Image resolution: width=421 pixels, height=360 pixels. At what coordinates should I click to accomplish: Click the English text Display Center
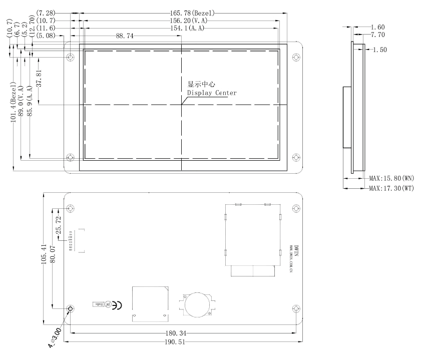point(212,93)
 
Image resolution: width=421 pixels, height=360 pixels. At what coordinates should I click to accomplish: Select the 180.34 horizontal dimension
point(178,333)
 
